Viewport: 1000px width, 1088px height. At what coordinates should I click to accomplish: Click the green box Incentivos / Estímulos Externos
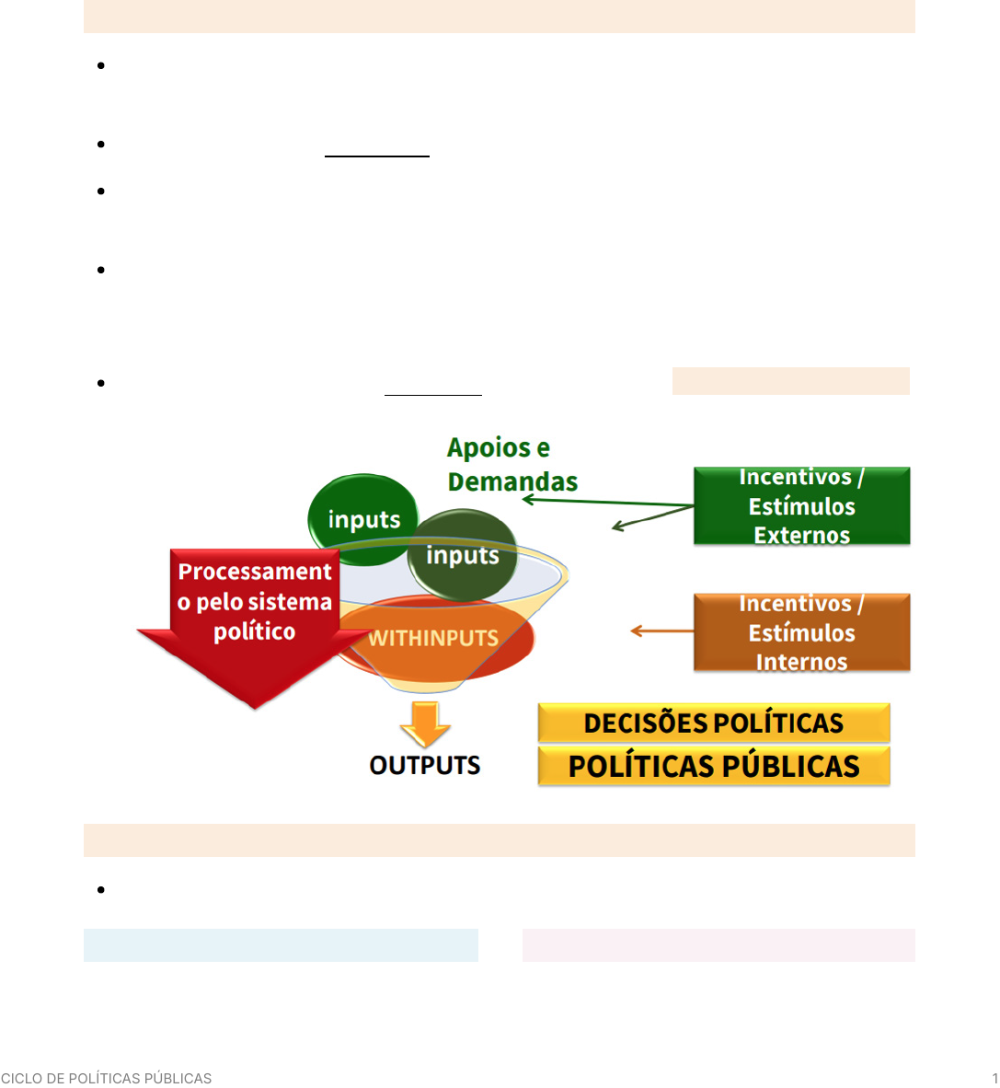tap(801, 506)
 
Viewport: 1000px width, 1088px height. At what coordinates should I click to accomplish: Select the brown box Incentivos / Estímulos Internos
tap(801, 632)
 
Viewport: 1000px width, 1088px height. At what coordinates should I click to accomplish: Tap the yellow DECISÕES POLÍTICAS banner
tap(714, 723)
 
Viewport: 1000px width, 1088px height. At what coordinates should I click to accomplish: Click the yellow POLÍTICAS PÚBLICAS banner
tap(714, 766)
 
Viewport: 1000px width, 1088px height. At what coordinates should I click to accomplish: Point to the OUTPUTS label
tap(424, 765)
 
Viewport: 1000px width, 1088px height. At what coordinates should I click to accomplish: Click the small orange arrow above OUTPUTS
tap(425, 723)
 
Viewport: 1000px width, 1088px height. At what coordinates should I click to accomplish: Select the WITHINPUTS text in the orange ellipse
tap(433, 638)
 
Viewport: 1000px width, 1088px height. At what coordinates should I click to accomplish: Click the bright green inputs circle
tap(363, 519)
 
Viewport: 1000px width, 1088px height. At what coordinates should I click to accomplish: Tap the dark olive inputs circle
tap(463, 555)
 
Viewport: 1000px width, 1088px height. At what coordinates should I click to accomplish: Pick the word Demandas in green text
tap(512, 480)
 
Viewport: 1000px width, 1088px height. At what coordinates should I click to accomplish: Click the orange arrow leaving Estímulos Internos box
tap(661, 631)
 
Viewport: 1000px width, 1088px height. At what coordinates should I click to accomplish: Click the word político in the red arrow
tap(255, 631)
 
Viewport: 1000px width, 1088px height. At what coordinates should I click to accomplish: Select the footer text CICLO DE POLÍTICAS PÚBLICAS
tap(106, 1078)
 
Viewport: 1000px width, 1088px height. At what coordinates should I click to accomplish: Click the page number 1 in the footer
tap(994, 1078)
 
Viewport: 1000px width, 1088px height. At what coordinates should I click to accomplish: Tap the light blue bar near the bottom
tap(281, 945)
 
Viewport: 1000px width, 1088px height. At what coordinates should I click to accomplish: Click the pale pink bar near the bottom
tap(718, 945)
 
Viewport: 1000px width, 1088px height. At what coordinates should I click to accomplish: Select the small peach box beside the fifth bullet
tap(790, 381)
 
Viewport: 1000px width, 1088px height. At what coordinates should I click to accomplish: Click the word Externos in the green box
tap(801, 535)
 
